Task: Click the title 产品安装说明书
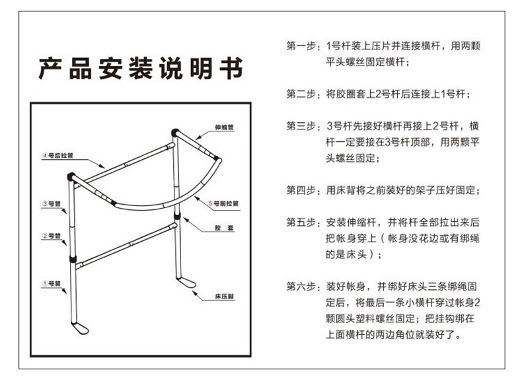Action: click(141, 68)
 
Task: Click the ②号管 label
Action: click(52, 236)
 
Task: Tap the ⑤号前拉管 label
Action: click(223, 204)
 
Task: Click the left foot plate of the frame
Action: click(81, 328)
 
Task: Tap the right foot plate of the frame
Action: click(188, 283)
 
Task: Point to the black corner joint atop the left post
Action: click(71, 177)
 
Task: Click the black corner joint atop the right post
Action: click(175, 132)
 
